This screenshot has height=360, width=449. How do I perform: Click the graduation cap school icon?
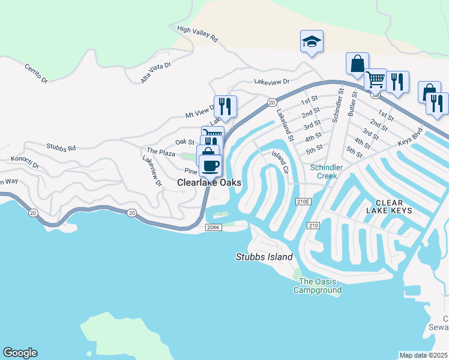point(312,42)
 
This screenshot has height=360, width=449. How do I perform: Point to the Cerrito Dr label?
point(36,72)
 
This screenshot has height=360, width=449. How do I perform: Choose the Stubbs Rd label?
point(61,146)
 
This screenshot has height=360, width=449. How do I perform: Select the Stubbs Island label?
point(264,257)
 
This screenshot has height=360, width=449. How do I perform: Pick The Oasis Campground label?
point(317,286)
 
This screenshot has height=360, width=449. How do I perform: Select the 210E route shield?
point(303,202)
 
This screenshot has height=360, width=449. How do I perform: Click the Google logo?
point(20,353)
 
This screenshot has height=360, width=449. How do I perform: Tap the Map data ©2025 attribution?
point(423,355)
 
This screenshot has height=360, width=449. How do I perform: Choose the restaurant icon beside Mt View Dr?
point(225,106)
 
